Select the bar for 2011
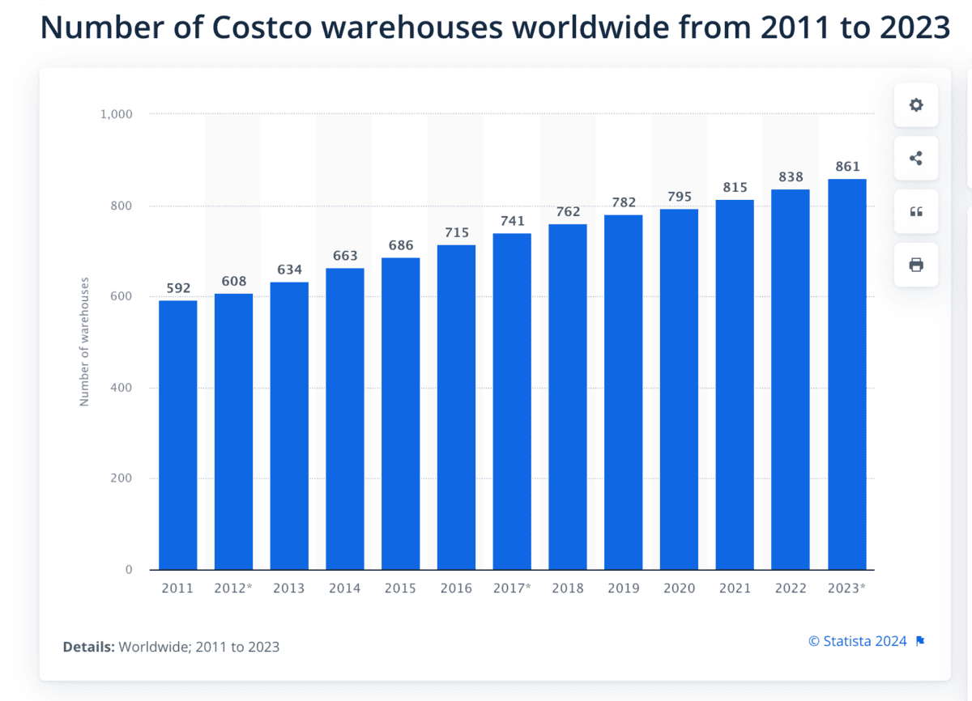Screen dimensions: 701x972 pos(177,435)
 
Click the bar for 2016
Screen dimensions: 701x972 pos(456,407)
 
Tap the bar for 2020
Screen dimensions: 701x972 pos(679,389)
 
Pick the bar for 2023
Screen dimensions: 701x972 pos(846,374)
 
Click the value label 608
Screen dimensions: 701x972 pos(233,281)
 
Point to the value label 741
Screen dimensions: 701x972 pos(512,221)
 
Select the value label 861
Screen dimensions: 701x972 pos(846,167)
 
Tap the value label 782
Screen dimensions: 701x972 pos(623,202)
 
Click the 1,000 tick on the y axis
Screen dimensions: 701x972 pos(116,114)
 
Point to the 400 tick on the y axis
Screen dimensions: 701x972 pos(122,388)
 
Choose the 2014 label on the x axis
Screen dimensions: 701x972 pos(344,588)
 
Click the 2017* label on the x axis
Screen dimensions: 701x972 pos(512,588)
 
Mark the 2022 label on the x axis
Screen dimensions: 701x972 pos(790,588)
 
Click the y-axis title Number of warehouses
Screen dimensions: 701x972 pos(84,342)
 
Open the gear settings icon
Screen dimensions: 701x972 pos(916,105)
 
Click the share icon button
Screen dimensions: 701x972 pos(916,159)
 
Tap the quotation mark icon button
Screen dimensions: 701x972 pos(916,212)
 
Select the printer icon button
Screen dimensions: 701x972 pos(916,265)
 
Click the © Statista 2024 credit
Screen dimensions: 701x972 pos(858,641)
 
